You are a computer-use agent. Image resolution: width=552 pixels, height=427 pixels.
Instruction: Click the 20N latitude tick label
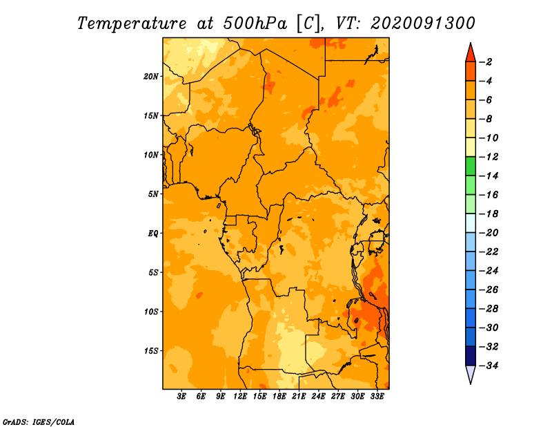[151, 77]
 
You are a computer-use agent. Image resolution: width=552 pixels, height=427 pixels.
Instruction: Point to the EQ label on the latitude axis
[152, 234]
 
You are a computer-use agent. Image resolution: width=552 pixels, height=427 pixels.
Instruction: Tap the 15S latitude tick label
[151, 351]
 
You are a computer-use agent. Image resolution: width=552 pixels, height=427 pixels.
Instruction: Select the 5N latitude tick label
[153, 194]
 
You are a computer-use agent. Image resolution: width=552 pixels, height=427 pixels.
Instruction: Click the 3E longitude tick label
[181, 397]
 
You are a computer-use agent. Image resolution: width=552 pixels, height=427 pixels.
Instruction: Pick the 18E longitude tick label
[279, 397]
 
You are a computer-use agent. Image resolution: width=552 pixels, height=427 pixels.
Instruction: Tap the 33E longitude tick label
[377, 397]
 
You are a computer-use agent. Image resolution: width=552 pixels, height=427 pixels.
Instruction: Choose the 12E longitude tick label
[240, 397]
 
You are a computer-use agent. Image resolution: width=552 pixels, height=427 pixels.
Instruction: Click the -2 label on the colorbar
[486, 62]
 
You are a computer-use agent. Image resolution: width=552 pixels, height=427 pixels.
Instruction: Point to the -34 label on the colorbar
[489, 366]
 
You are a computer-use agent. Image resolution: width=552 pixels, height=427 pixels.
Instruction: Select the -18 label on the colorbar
[489, 213]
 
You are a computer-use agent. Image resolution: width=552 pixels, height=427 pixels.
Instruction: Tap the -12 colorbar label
[489, 157]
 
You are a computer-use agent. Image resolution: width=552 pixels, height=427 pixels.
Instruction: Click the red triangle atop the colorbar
[471, 53]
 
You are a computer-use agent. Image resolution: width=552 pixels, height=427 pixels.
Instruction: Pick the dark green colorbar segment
[471, 166]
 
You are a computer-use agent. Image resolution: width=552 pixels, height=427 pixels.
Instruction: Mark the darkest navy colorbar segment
[471, 356]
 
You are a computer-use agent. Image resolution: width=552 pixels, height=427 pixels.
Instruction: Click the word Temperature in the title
[132, 23]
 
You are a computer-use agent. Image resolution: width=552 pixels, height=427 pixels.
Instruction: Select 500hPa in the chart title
[255, 23]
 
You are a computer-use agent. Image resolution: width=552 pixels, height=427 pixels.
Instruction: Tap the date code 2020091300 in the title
[423, 23]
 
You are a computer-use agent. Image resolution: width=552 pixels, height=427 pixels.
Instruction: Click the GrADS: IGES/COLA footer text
[39, 422]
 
